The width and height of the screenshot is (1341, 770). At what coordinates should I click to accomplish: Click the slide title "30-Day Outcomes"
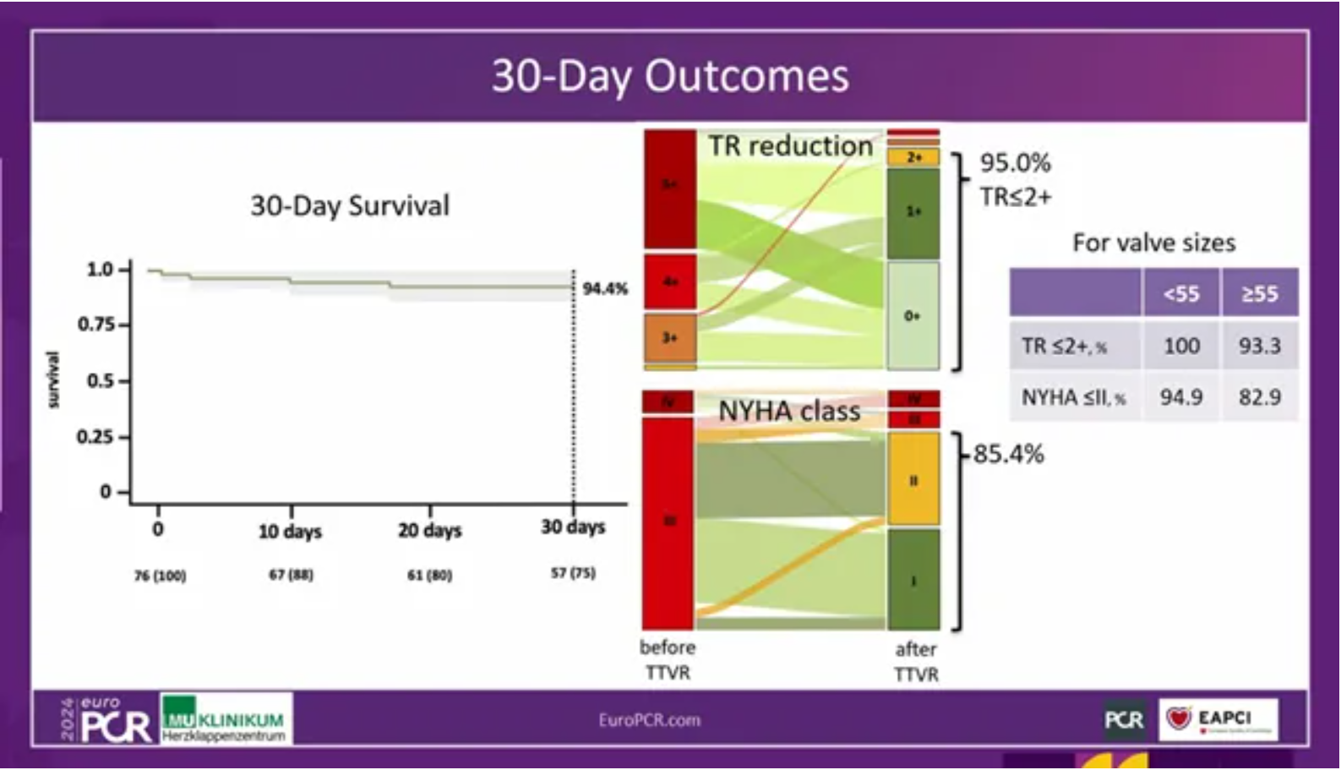click(670, 76)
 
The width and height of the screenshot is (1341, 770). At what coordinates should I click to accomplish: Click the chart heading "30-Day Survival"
click(350, 205)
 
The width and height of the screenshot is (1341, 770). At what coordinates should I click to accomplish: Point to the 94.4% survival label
click(605, 289)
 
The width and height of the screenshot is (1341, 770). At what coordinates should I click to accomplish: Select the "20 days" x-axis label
click(429, 531)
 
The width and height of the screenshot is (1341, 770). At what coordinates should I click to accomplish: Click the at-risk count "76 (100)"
click(160, 576)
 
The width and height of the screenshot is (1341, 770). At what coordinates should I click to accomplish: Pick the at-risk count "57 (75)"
click(573, 573)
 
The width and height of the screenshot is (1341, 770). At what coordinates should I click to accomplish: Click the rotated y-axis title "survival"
click(53, 380)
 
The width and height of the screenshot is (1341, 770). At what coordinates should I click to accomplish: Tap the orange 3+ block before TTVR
click(670, 338)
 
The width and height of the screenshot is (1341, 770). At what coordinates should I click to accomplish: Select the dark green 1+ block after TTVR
click(913, 212)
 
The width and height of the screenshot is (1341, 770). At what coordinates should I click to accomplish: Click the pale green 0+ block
click(913, 315)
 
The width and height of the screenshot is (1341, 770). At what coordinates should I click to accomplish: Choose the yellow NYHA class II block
click(913, 479)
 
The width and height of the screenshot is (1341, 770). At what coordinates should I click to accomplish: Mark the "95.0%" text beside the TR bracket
click(1015, 162)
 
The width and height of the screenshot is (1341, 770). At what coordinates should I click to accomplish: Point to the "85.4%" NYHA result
click(1008, 454)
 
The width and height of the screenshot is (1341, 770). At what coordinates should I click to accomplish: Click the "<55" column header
click(1180, 294)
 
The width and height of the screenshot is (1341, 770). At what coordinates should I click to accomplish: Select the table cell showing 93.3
click(1259, 346)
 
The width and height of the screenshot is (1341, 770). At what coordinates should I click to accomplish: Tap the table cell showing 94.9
click(1180, 396)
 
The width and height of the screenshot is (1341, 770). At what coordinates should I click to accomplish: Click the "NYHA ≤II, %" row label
click(1073, 397)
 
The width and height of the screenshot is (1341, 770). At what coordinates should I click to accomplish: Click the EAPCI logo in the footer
click(1218, 719)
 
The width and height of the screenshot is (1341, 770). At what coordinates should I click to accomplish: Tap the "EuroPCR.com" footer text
click(649, 720)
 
